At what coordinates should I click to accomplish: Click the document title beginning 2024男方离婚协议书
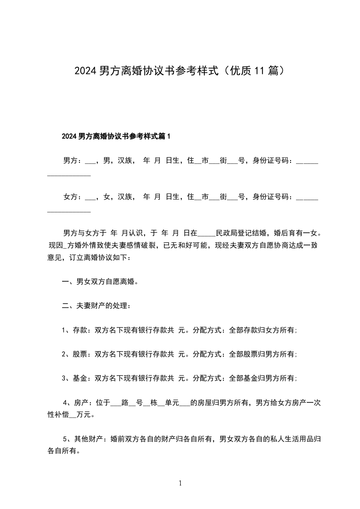pos(180,71)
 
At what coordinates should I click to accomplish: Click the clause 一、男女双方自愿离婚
pos(100,282)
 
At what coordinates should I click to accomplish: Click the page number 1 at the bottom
pos(180,484)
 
